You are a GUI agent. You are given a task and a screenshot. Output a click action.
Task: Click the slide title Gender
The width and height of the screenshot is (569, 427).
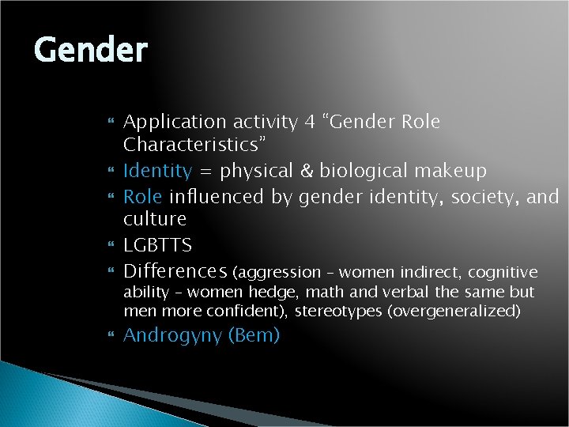(91, 51)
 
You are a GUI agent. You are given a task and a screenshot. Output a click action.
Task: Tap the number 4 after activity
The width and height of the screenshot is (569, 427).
(311, 123)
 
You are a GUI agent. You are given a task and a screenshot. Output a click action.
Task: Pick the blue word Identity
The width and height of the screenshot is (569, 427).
(158, 171)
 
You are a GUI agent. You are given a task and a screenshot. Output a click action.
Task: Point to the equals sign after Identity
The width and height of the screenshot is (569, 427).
(206, 172)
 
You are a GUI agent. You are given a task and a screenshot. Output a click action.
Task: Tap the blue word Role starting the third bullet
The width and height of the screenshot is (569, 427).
(143, 195)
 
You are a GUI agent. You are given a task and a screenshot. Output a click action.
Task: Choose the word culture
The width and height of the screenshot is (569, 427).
(155, 219)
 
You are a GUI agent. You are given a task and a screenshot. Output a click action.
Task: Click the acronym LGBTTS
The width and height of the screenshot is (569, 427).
(158, 245)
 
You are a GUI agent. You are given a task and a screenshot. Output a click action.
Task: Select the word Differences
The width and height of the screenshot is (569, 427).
(175, 272)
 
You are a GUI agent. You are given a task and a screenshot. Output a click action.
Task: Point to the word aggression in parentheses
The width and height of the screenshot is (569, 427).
(277, 273)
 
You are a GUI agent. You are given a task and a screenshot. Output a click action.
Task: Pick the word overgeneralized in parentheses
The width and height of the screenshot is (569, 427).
(452, 311)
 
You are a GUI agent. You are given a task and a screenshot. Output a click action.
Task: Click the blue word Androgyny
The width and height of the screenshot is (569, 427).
(173, 335)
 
